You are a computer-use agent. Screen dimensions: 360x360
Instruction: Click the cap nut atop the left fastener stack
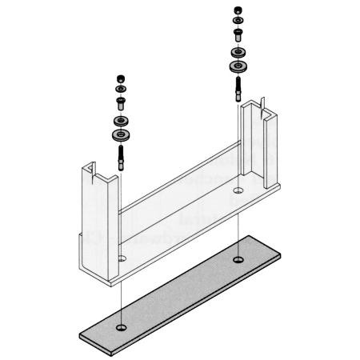[x=121, y=78]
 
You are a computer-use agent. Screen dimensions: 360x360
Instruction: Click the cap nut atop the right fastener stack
[x=238, y=10]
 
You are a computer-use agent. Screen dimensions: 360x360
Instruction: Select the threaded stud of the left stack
[x=122, y=154]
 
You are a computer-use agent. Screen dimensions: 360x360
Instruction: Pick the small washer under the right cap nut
[x=238, y=21]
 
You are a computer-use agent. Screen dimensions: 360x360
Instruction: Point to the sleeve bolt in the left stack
[x=121, y=102]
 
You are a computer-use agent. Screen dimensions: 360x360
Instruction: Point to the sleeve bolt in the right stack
[x=238, y=34]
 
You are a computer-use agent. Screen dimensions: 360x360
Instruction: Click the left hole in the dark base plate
[x=119, y=328]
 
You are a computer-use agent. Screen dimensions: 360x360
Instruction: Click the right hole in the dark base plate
[x=238, y=260]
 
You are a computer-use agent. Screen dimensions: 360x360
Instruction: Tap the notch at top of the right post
[x=262, y=104]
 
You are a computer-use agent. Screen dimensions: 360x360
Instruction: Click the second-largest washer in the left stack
[x=122, y=120]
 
